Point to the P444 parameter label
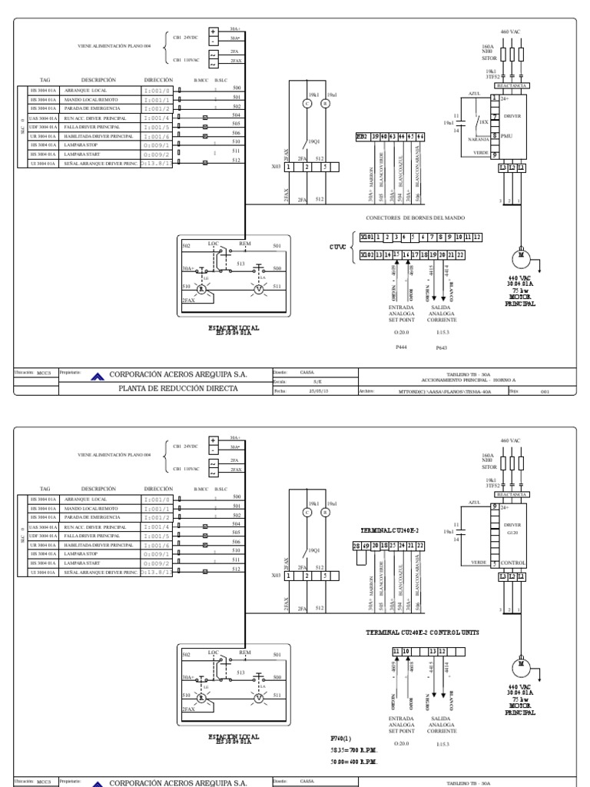401,347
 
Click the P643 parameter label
441,348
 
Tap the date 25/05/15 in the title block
317,390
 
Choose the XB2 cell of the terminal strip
361,136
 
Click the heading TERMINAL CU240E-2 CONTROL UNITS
423,632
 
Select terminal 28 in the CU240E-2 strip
356,545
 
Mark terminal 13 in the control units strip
433,651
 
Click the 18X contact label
482,121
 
